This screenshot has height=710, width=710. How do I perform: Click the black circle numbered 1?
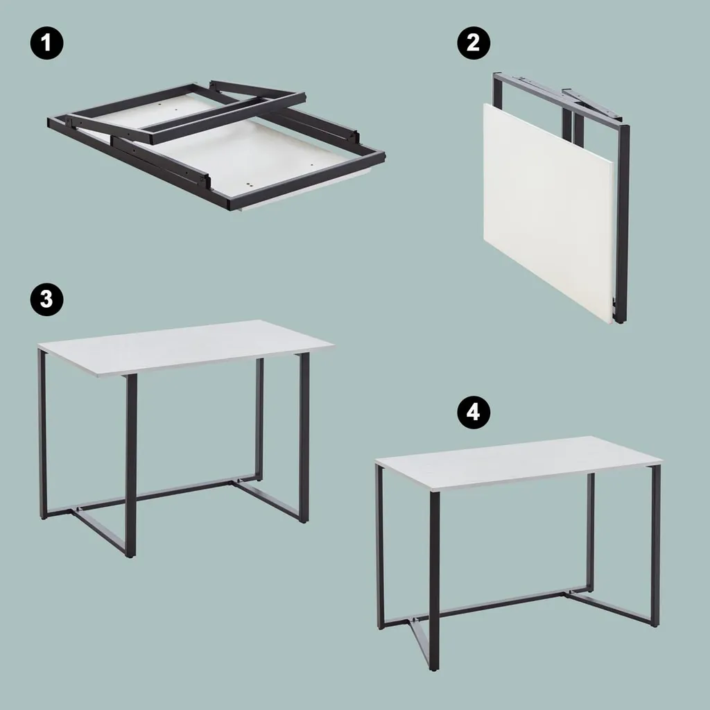46,43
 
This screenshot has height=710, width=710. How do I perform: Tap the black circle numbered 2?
473,43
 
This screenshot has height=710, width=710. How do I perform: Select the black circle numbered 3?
46,299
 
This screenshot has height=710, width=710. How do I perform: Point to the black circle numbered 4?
473,412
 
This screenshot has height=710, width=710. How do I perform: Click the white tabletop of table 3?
186,347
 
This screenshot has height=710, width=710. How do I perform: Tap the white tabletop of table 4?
519,462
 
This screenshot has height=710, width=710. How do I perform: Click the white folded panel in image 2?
548,213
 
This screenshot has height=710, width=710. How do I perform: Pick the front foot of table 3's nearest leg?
130,555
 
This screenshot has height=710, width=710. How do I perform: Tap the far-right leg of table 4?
655,546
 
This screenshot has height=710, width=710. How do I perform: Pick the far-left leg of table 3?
42,435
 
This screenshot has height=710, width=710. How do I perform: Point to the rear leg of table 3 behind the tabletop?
259,419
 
